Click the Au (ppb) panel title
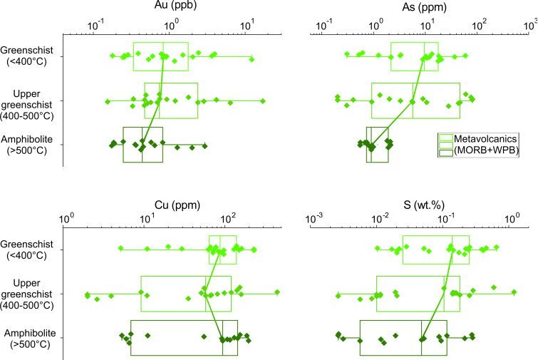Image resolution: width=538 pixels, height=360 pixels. pos(175,5)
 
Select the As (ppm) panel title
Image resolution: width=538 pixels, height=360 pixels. pos(425,7)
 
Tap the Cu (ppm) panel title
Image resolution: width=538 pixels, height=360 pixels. pos(177,205)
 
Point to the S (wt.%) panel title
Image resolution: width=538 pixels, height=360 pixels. pos(424,205)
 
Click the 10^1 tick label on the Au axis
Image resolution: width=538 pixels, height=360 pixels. pos(247,25)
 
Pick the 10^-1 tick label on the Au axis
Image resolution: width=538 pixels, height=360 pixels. pos(95,26)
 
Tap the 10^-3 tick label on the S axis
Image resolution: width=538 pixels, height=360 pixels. pos(314,218)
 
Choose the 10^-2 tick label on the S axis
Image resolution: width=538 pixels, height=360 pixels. pos(381,218)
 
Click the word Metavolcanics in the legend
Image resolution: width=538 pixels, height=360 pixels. pos(485,138)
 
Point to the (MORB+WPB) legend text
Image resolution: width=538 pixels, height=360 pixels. pos(486,150)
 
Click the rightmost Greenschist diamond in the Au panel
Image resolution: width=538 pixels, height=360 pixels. pos(252,59)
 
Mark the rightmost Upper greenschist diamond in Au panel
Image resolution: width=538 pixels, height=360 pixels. pos(263,101)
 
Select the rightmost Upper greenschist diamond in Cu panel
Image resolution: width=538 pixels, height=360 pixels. pos(277,292)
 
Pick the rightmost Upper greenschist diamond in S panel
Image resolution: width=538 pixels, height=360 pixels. pos(514,292)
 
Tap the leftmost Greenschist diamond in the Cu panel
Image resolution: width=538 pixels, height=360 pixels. pos(120,248)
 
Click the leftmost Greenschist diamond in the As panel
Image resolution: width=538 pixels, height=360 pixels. pos(347,54)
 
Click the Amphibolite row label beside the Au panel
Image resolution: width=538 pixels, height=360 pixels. pos(27,145)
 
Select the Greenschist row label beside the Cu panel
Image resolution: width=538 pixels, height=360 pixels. pos(27,250)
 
